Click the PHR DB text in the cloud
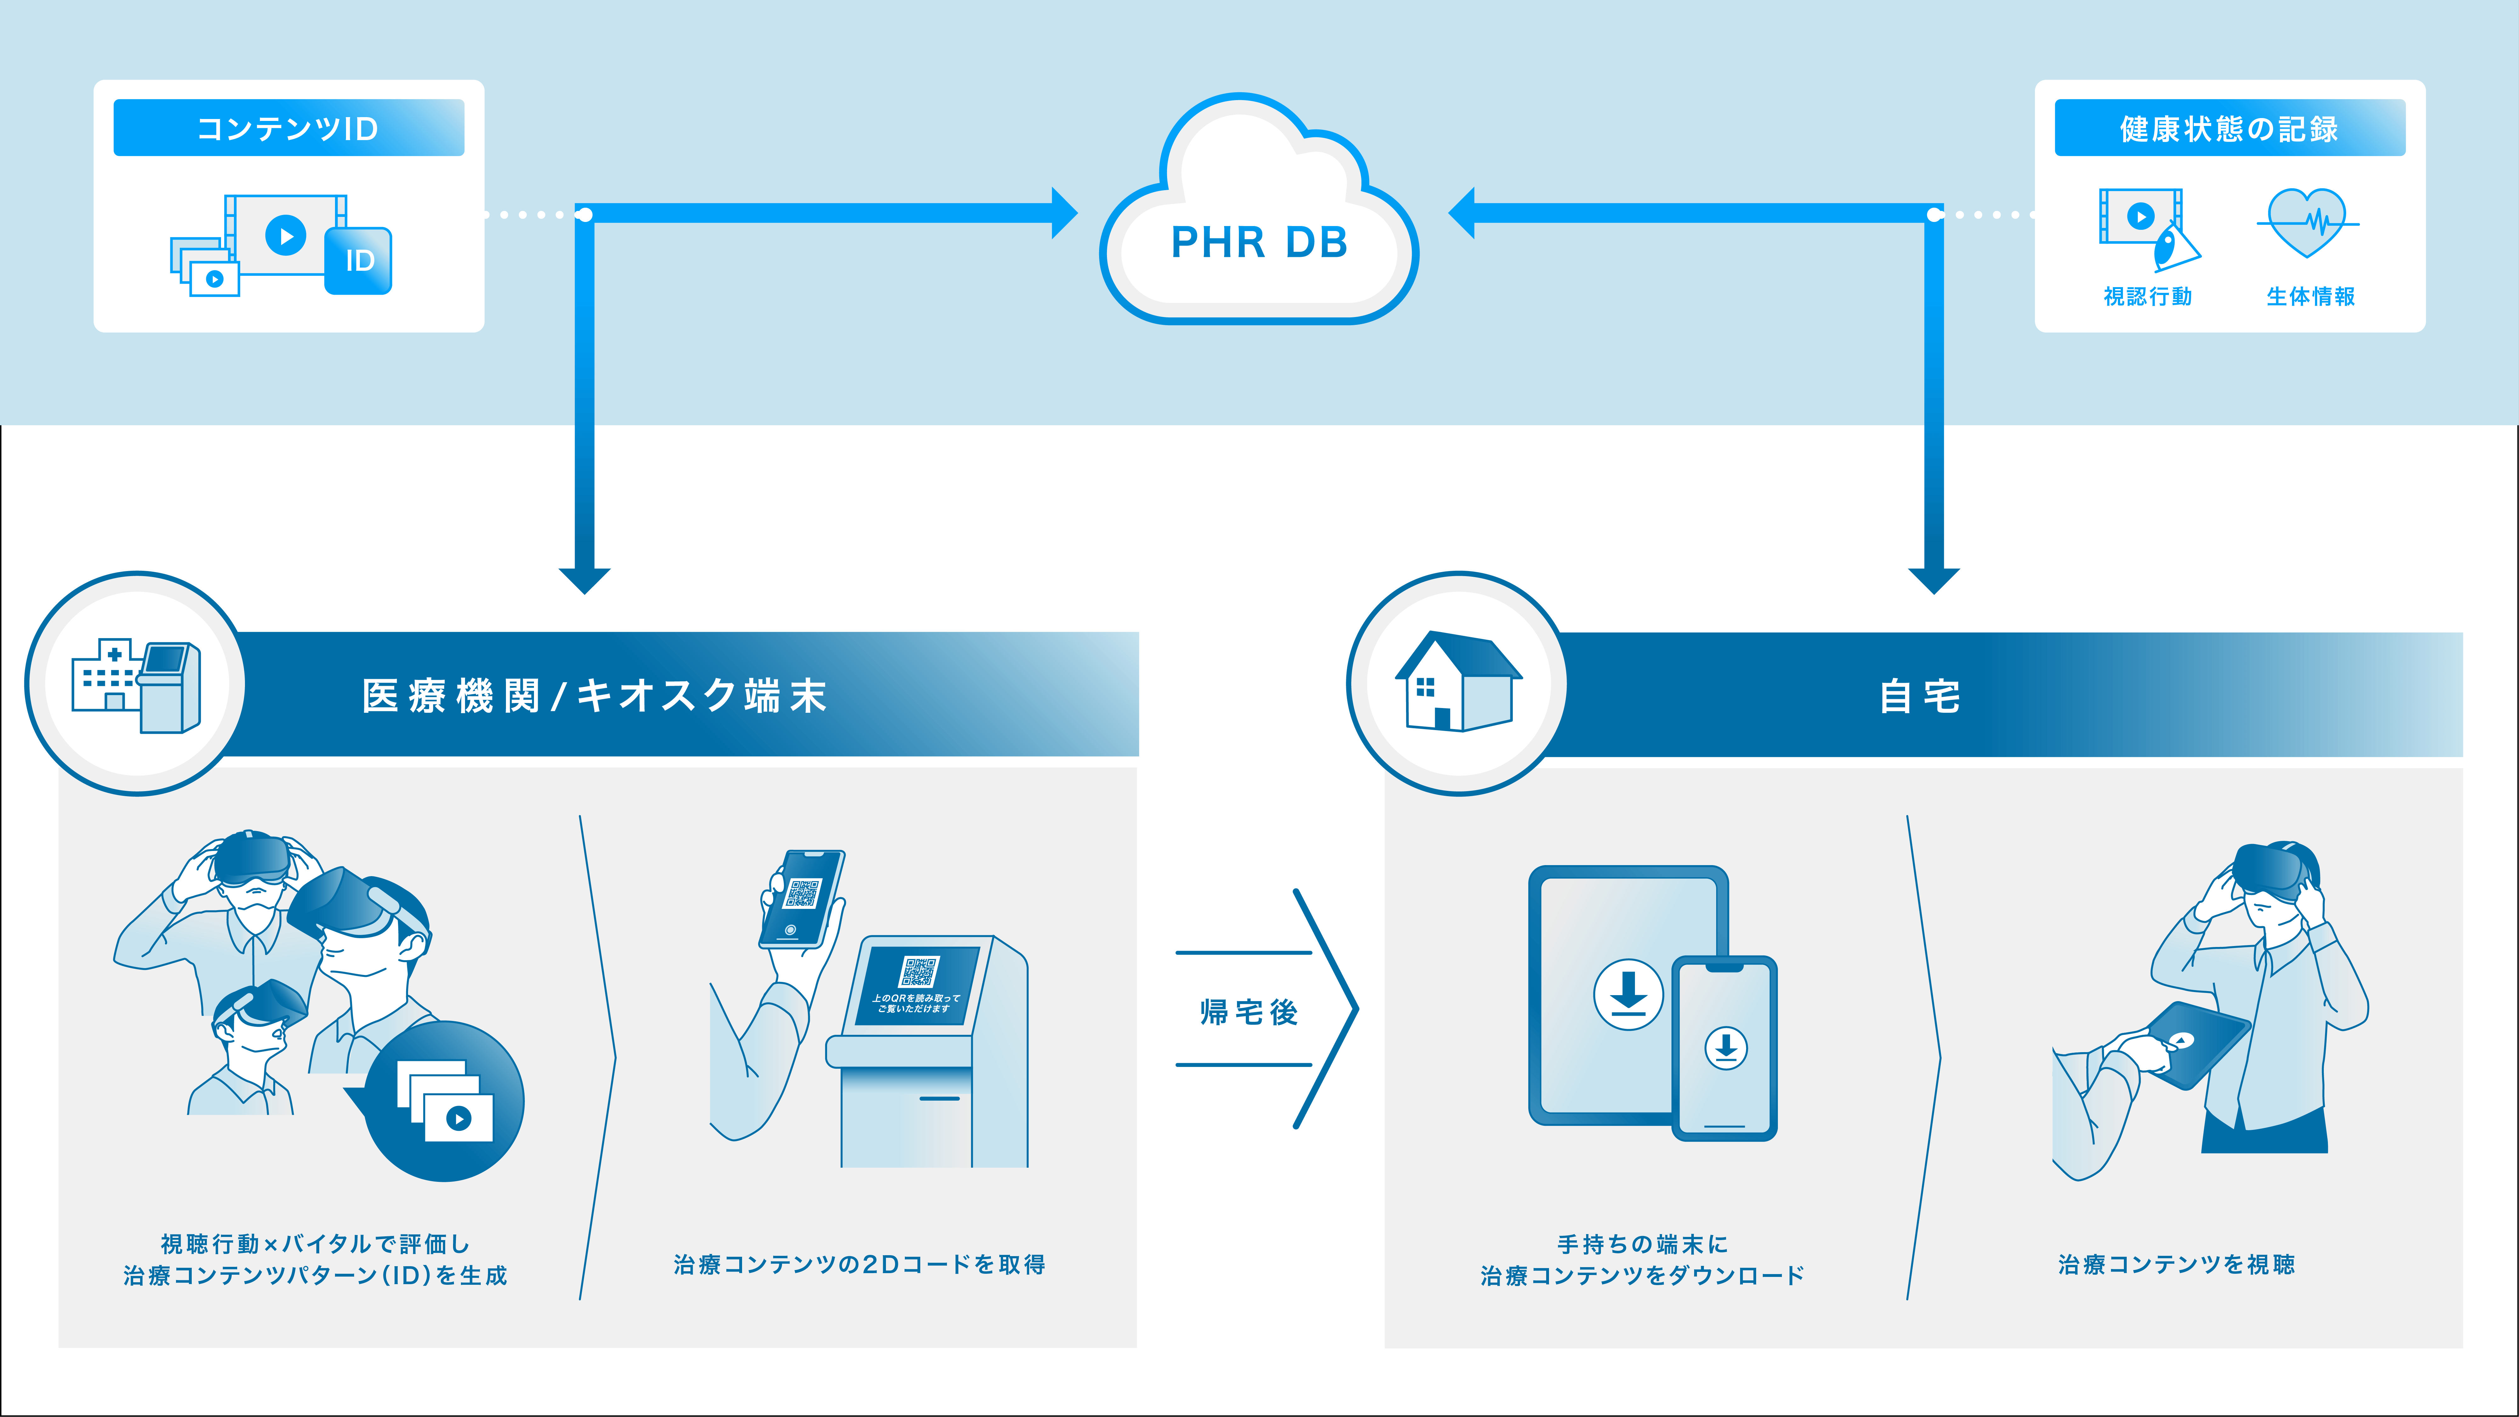(1258, 242)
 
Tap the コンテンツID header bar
(288, 128)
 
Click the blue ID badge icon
(359, 260)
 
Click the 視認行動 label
(2147, 296)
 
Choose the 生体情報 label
(2311, 296)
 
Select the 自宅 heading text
(1920, 696)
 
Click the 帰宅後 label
(1249, 1011)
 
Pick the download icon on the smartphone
(1726, 1047)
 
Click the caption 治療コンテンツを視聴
(2176, 1264)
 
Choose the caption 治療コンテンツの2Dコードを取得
(860, 1264)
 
